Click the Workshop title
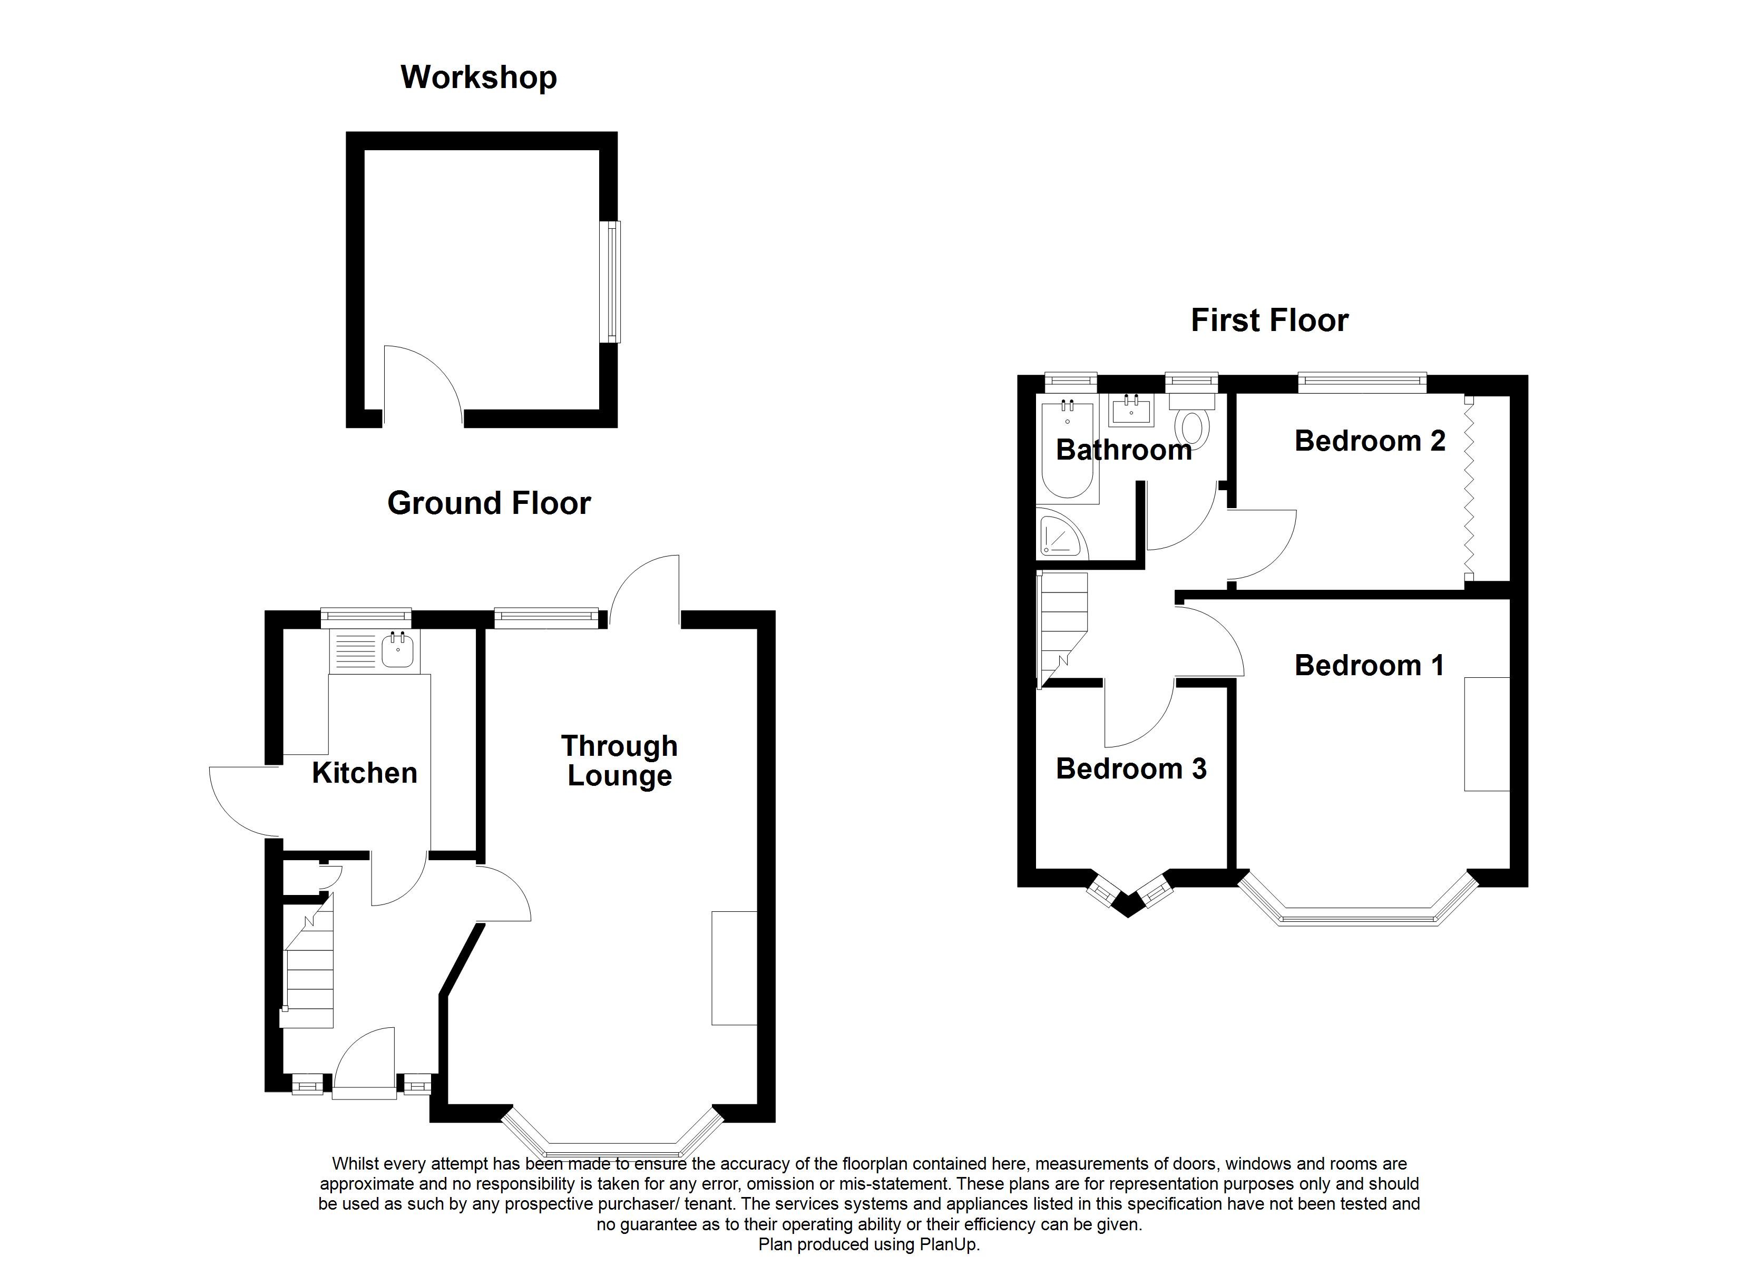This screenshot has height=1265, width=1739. (478, 77)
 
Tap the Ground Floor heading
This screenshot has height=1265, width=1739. (489, 503)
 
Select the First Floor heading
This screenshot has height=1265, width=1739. (1269, 320)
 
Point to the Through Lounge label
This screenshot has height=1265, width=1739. (620, 760)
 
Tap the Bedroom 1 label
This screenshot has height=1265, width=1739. (1369, 665)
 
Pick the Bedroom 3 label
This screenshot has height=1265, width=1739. (1131, 768)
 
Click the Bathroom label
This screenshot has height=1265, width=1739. (1123, 450)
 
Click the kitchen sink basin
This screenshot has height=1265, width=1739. (397, 650)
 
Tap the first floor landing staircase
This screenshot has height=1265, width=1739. (1062, 621)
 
